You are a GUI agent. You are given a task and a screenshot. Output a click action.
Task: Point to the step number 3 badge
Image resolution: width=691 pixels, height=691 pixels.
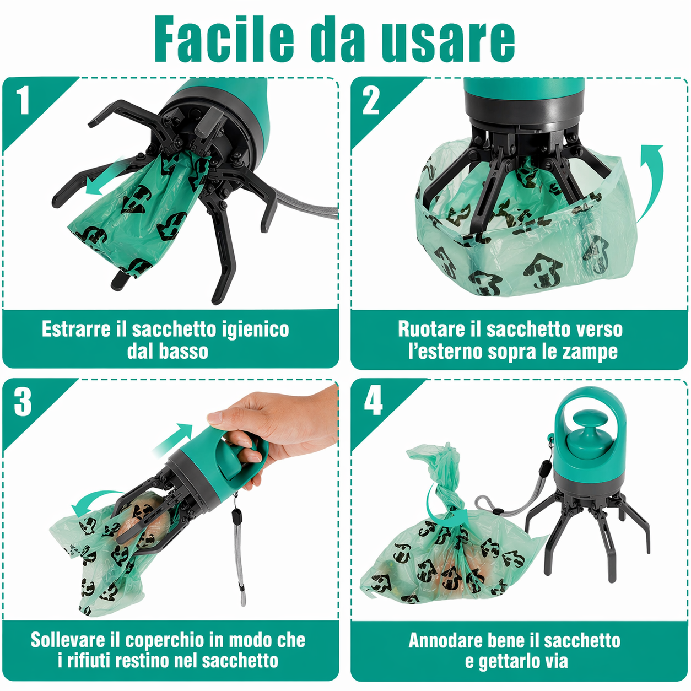pos(23,402)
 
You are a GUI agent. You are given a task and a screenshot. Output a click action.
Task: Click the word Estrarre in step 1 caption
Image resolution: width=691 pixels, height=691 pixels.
pos(76,329)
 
